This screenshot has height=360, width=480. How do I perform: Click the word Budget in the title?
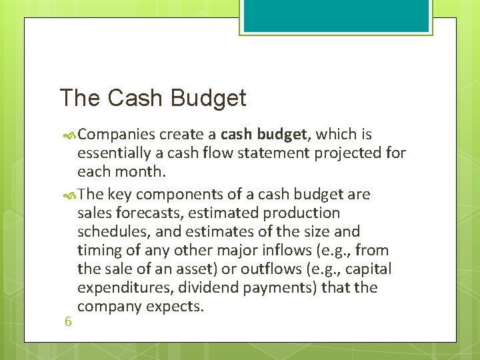[209, 98]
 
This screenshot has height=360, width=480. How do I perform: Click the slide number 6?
[68, 321]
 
